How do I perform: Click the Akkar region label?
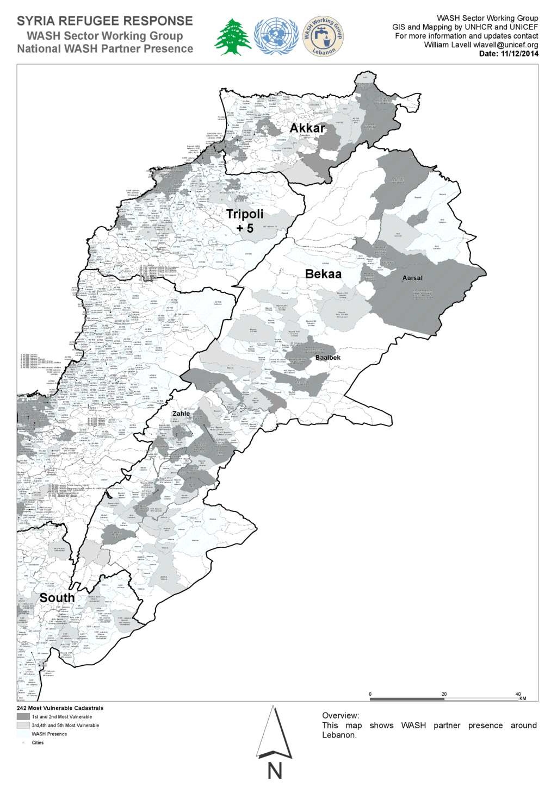(x=307, y=128)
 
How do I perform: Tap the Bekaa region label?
(x=323, y=274)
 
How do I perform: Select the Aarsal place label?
(x=412, y=278)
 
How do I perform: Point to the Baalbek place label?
(x=328, y=358)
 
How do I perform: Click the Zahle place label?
(x=181, y=414)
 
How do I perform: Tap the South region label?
(x=57, y=598)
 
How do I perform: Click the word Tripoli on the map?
(x=245, y=214)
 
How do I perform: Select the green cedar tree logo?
(x=233, y=37)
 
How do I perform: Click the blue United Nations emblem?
(x=276, y=36)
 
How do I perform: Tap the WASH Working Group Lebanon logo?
(x=323, y=36)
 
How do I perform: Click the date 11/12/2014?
(x=519, y=54)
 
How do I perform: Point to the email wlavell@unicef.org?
(x=505, y=45)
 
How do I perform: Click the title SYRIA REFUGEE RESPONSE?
(x=105, y=21)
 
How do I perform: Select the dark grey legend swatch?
(x=23, y=717)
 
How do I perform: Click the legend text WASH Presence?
(x=49, y=734)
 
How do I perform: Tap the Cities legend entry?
(x=38, y=743)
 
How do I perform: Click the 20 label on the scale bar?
(x=444, y=694)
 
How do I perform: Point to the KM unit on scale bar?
(x=523, y=699)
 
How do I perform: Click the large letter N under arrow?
(x=275, y=771)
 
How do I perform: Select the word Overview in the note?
(x=340, y=716)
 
